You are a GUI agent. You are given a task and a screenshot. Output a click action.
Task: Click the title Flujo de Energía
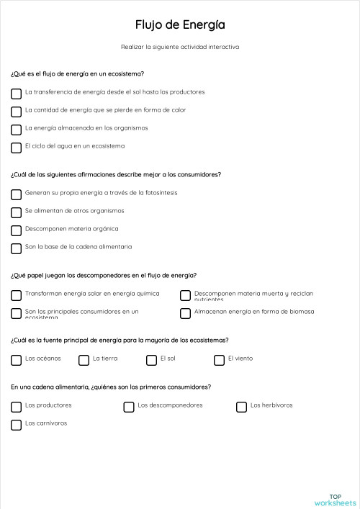coord(180,25)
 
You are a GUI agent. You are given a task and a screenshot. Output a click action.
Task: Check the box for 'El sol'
coord(151,360)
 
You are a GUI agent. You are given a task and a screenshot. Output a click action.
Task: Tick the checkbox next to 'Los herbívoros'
coord(242,407)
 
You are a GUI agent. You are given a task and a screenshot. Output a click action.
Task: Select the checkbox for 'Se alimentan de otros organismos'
coord(16,212)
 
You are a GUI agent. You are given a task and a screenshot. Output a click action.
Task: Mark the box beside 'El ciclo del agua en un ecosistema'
coord(16,148)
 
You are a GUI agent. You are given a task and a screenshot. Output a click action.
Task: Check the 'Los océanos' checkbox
coord(16,360)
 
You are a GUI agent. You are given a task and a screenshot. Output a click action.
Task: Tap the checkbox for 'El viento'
coord(219,360)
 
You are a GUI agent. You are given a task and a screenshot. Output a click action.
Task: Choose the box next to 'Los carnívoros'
coord(16,425)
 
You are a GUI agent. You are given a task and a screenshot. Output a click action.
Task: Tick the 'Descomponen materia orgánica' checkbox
coord(16,230)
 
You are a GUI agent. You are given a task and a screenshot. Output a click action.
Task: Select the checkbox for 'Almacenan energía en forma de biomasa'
coord(185,313)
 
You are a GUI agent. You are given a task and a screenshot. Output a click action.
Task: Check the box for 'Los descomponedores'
coord(129,407)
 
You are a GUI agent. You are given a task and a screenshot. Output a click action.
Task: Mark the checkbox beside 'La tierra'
coord(84,360)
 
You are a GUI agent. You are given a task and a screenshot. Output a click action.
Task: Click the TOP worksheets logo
coord(335,500)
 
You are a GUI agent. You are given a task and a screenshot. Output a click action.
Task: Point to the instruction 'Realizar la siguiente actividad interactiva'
coord(180,47)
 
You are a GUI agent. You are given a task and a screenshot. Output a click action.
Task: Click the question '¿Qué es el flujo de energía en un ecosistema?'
coord(77,73)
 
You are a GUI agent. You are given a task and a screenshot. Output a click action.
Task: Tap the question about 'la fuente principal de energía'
coord(120,340)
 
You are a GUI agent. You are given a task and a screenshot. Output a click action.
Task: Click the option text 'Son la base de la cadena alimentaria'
coord(78,247)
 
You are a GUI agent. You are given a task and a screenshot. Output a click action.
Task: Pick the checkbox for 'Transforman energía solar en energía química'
coord(16,295)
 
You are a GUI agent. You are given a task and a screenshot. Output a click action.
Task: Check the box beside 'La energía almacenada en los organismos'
coord(16,130)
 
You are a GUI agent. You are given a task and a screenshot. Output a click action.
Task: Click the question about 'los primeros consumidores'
coord(111,387)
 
